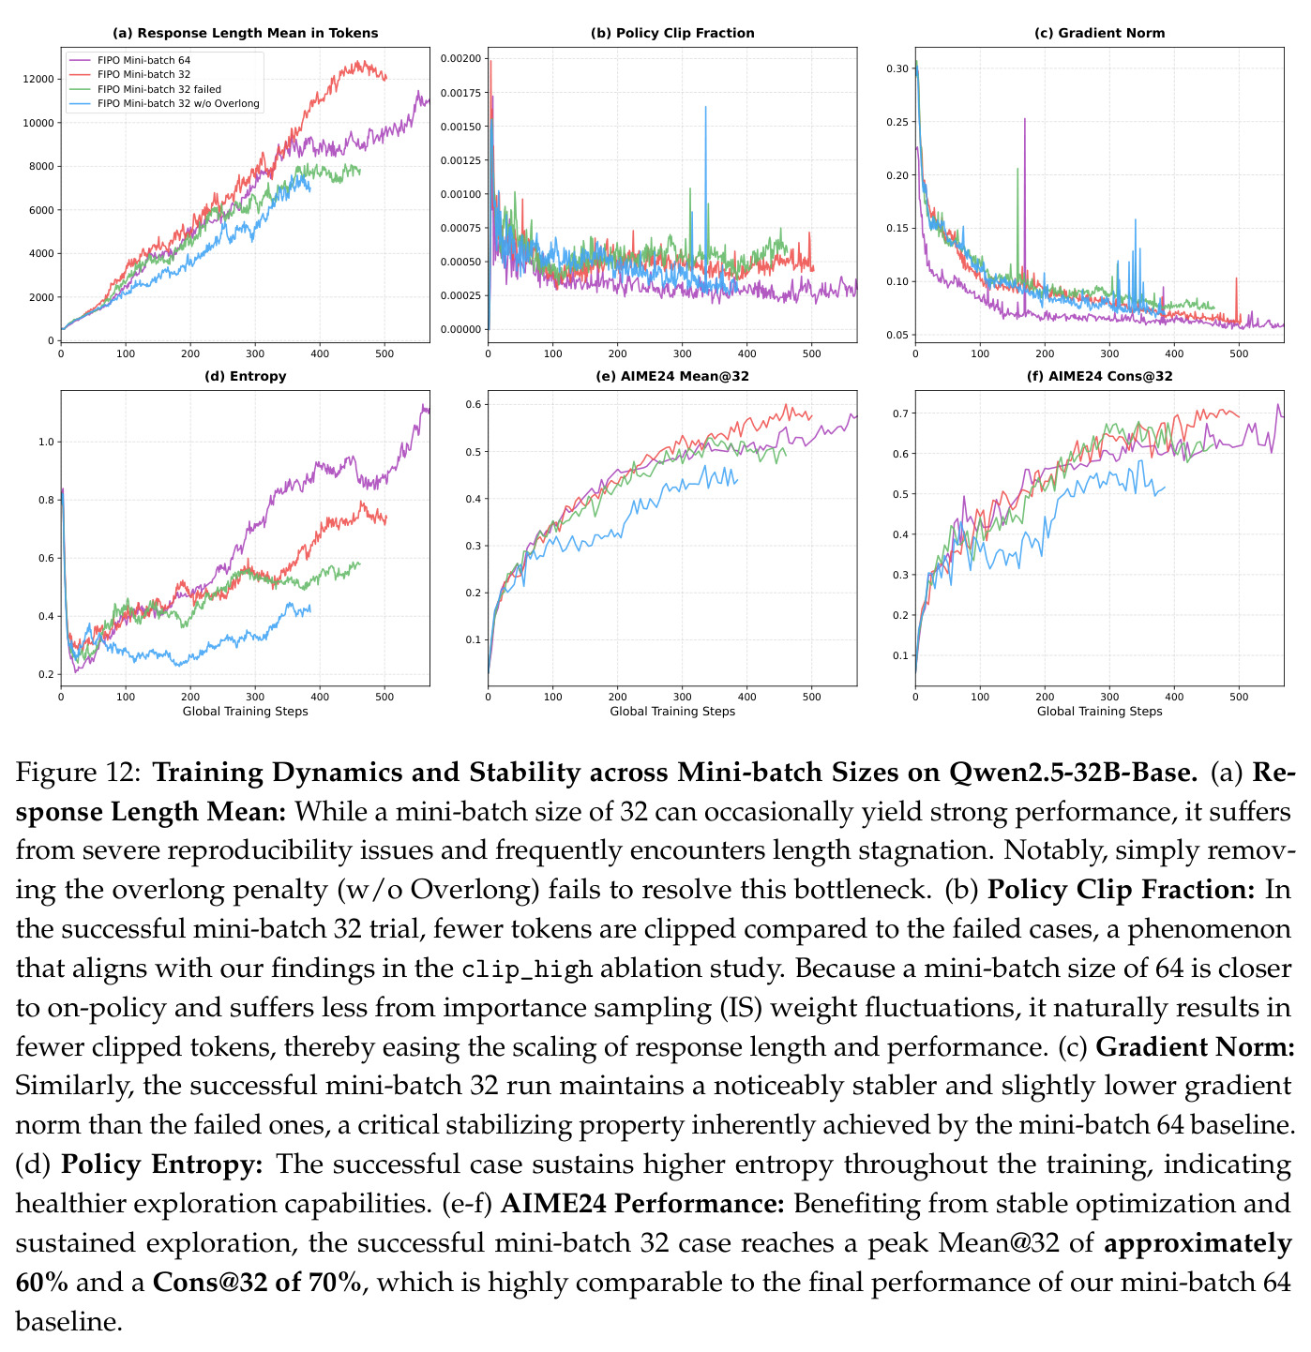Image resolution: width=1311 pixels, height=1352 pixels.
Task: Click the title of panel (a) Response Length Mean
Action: coord(246,33)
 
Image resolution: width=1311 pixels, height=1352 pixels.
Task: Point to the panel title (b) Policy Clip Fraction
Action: coord(671,33)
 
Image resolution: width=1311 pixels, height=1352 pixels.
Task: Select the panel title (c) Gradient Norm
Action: coord(1099,33)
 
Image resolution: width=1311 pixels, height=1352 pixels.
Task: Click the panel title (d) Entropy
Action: coord(246,376)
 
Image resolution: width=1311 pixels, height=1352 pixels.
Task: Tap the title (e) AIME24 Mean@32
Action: coord(671,376)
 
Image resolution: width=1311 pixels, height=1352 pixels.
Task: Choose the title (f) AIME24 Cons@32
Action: coord(1099,376)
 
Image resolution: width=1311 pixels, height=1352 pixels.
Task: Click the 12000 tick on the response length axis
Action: coord(38,79)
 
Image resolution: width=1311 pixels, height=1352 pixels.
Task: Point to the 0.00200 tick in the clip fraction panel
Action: coord(460,58)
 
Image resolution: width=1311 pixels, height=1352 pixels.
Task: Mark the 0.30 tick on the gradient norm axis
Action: coord(897,68)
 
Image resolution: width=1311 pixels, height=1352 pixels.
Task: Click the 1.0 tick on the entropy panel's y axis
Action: coord(46,442)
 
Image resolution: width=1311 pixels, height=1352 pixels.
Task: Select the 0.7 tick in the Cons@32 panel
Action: coord(900,413)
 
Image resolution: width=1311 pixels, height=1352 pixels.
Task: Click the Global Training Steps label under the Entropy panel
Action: coord(246,711)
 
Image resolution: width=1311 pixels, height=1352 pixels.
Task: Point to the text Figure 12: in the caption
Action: coord(79,773)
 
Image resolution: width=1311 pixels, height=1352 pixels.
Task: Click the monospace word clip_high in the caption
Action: coord(527,969)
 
